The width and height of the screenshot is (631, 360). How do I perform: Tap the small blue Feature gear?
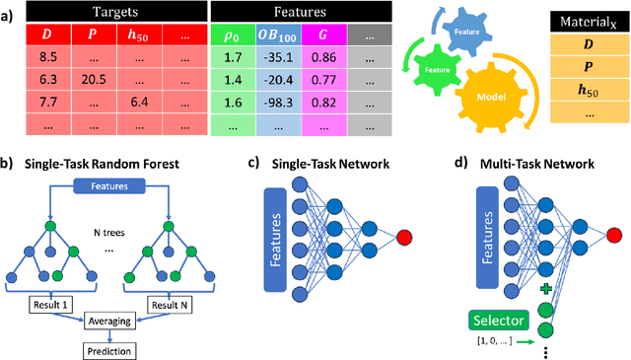[x=467, y=32]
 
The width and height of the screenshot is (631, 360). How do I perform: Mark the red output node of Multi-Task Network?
[x=615, y=233]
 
